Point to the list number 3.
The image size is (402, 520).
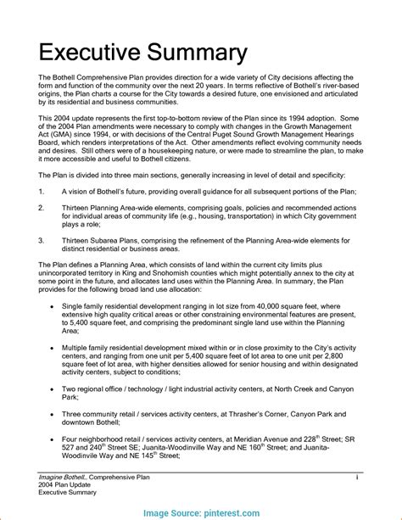point(42,241)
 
